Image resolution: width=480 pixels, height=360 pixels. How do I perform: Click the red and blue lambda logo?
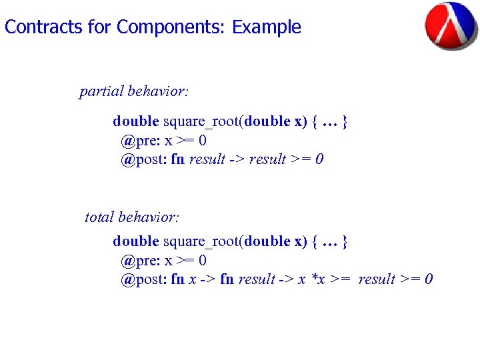(451, 27)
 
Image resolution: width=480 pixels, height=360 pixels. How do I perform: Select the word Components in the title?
(171, 27)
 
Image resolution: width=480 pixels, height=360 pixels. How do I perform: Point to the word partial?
(101, 91)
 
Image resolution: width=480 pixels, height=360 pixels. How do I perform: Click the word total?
(99, 217)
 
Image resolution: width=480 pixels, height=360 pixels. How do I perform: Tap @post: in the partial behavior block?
(143, 159)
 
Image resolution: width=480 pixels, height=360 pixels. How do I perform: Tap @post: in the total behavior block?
(143, 279)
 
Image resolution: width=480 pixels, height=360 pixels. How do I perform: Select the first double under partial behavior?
(135, 121)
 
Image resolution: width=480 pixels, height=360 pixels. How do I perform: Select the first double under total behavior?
(135, 241)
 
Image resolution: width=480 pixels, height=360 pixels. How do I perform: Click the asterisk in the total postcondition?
(314, 278)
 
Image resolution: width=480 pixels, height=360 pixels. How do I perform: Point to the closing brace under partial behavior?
(345, 122)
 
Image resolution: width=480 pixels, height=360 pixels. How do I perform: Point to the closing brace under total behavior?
(345, 241)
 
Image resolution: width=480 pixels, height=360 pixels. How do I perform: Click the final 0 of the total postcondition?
(429, 279)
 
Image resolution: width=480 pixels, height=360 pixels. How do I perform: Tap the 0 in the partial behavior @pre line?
(202, 141)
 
